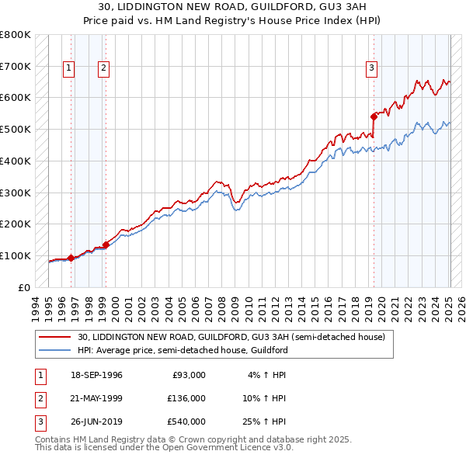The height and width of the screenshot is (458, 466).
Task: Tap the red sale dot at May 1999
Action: pyautogui.click(x=106, y=245)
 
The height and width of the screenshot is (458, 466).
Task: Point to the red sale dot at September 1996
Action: pyautogui.click(x=71, y=258)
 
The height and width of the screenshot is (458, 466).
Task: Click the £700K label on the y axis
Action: pyautogui.click(x=15, y=66)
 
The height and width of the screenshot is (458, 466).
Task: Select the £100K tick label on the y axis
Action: pyautogui.click(x=15, y=255)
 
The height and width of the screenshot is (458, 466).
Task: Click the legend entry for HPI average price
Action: pyautogui.click(x=183, y=350)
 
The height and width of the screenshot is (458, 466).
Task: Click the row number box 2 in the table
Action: pyautogui.click(x=39, y=398)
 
